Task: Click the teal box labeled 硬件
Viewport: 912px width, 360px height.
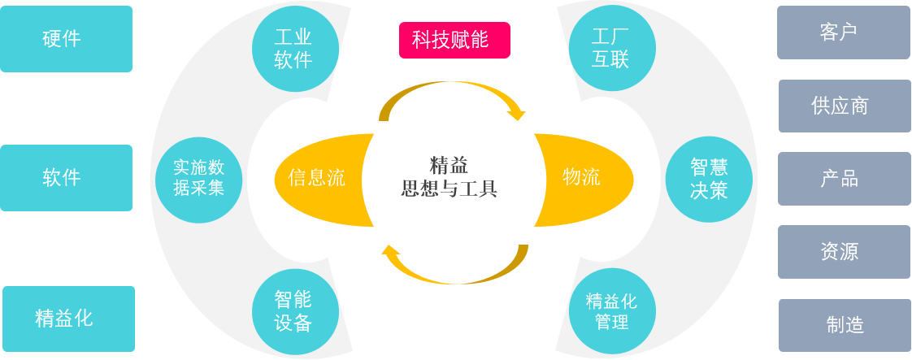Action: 66,39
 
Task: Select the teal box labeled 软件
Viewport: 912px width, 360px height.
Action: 66,178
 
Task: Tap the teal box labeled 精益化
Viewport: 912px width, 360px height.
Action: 68,319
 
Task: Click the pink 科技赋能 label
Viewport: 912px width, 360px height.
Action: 454,40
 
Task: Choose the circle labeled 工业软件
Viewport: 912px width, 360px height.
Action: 295,49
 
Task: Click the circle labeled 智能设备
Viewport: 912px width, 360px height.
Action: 295,312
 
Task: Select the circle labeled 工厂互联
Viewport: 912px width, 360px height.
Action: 612,49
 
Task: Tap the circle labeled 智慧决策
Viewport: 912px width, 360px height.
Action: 709,180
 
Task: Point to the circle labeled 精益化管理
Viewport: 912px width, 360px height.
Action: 612,311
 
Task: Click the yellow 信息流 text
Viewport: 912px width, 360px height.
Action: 316,178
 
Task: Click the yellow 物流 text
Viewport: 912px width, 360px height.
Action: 581,177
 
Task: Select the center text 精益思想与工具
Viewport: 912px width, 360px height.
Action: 449,177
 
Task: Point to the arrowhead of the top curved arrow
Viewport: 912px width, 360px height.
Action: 517,115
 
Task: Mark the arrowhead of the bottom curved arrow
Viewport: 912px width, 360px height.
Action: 391,250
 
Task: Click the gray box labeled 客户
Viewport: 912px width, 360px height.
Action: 843,33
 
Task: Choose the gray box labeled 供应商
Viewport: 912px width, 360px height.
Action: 845,106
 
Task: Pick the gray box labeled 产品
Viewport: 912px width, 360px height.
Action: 844,179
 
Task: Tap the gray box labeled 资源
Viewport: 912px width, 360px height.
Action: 844,252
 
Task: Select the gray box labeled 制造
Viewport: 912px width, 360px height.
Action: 845,325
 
